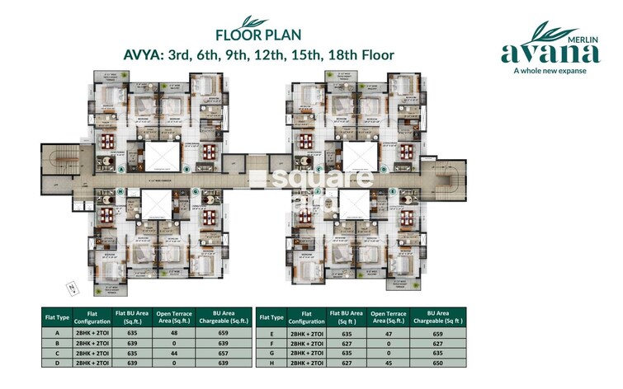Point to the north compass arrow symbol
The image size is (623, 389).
pyautogui.click(x=73, y=287)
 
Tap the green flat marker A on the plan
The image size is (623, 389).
pyautogui.click(x=121, y=168)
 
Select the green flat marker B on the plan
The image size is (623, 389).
pyautogui.click(x=187, y=169)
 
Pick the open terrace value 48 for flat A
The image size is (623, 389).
pyautogui.click(x=174, y=334)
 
